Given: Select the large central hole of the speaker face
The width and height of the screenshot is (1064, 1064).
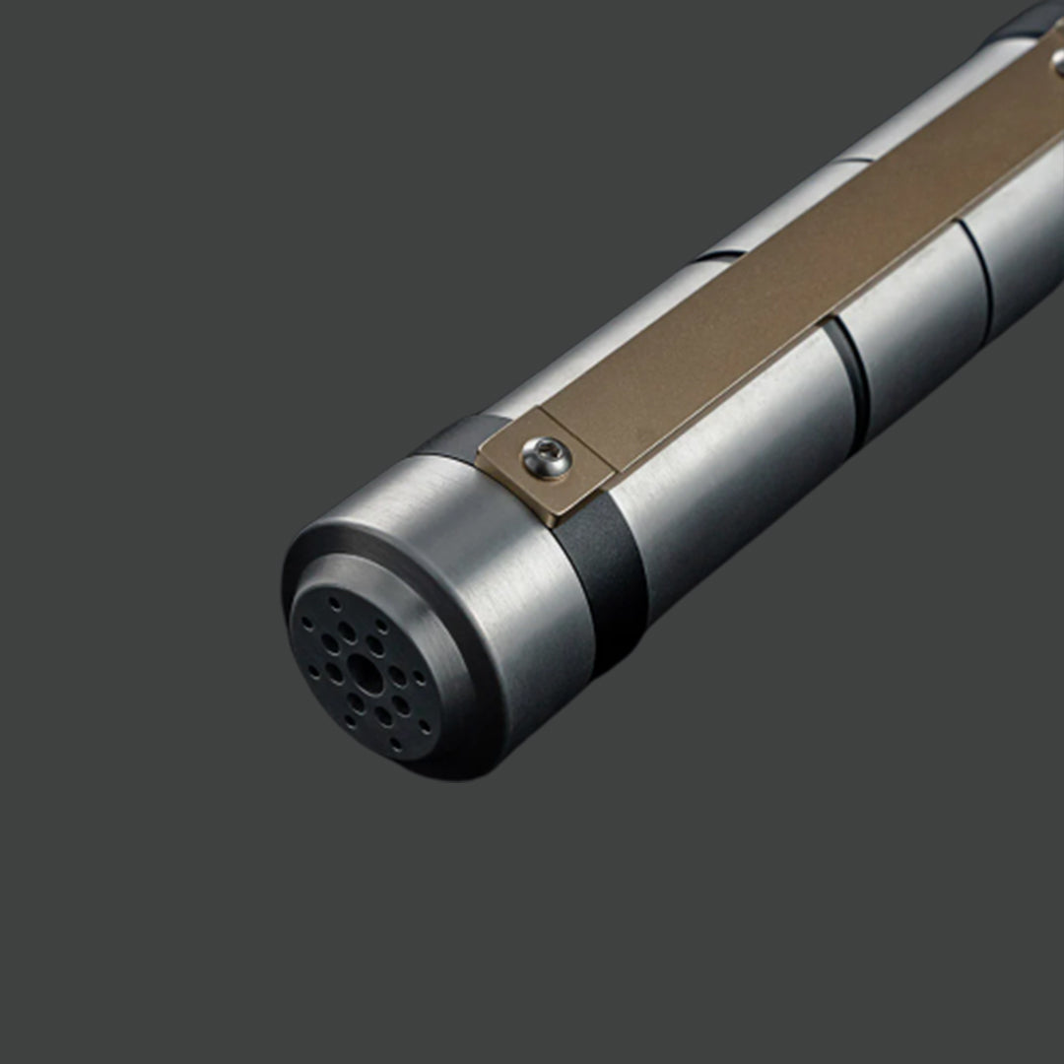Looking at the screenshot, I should click(366, 673).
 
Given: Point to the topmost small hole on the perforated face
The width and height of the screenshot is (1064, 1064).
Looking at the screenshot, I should click(336, 601).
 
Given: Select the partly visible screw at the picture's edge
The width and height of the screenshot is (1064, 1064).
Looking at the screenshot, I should click(1057, 61).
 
